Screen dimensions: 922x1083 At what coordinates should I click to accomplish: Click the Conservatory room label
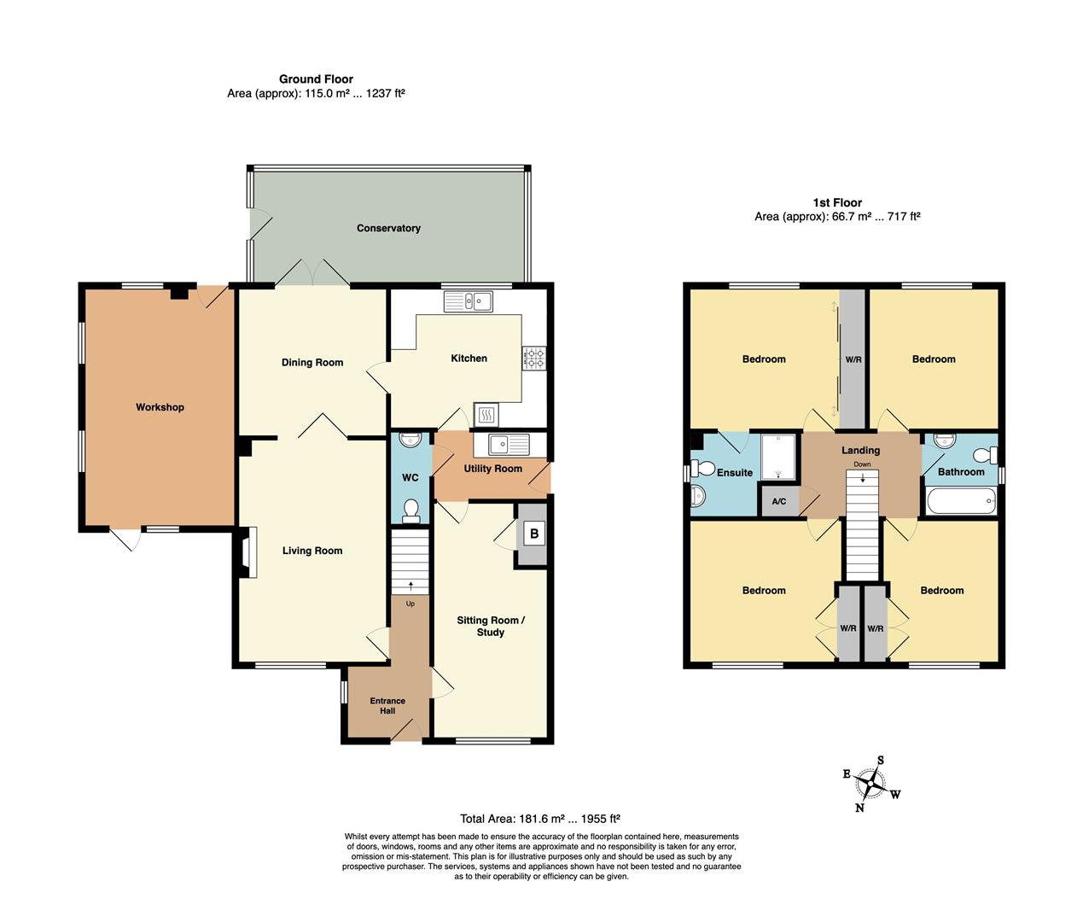(x=388, y=228)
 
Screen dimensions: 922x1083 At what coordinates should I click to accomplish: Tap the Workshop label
(x=160, y=407)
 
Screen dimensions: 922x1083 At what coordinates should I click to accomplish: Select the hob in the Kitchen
(x=534, y=358)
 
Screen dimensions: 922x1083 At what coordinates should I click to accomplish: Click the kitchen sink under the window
(x=468, y=301)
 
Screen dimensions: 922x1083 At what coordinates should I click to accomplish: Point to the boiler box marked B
(x=534, y=534)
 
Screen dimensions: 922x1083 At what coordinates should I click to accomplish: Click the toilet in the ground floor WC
(x=410, y=509)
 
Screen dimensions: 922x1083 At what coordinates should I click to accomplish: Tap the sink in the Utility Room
(x=509, y=444)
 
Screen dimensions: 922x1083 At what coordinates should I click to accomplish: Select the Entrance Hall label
(x=387, y=706)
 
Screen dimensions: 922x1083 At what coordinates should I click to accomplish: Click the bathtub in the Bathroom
(x=960, y=499)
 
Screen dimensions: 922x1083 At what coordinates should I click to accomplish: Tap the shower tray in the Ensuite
(x=777, y=457)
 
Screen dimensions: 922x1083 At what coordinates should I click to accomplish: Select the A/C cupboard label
(x=778, y=501)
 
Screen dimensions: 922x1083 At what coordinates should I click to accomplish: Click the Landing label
(x=860, y=450)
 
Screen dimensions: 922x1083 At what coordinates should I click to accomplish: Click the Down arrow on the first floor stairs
(x=863, y=478)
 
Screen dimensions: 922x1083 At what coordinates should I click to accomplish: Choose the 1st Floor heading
(x=836, y=202)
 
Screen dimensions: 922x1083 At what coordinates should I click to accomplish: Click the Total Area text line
(x=545, y=819)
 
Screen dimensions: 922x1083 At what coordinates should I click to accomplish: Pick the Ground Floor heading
(x=316, y=79)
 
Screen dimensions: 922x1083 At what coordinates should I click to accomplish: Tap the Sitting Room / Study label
(x=491, y=627)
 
